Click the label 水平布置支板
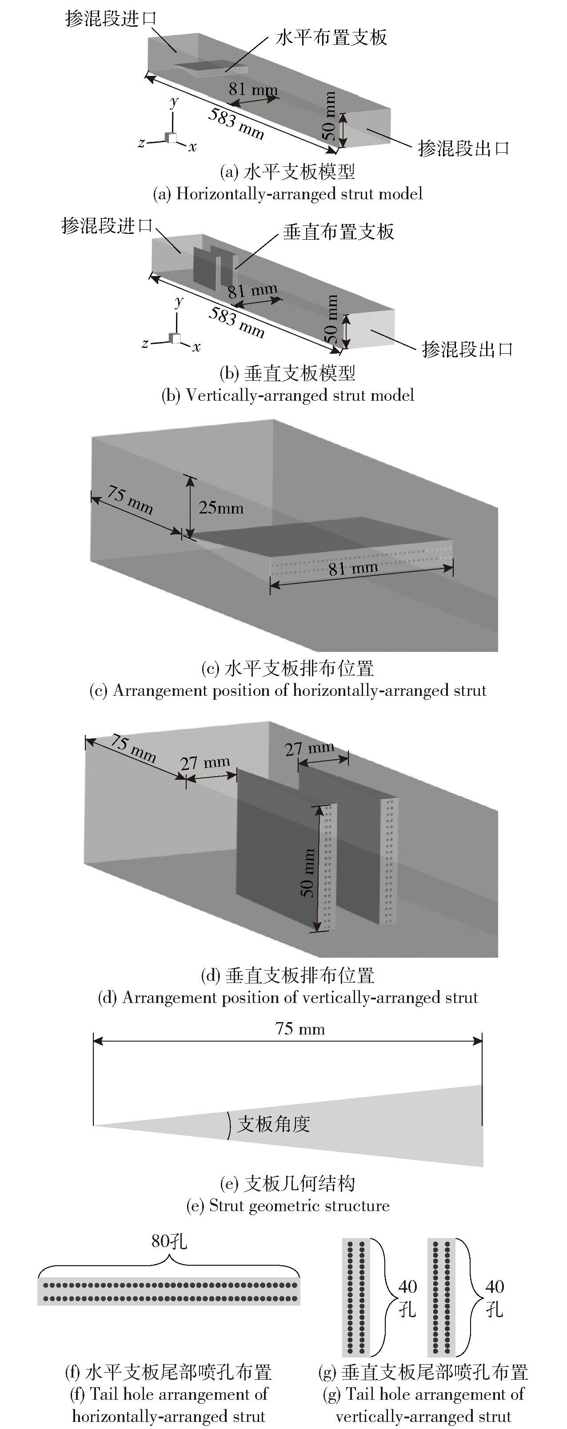click(x=331, y=38)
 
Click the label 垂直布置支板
click(x=338, y=231)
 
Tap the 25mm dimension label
click(x=221, y=508)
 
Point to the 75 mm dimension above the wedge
click(x=300, y=1029)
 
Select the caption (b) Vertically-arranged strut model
click(x=287, y=395)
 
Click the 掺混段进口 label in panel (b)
click(x=107, y=226)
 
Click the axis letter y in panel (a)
click(x=174, y=101)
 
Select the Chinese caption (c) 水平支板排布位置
click(x=287, y=668)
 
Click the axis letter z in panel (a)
click(x=142, y=142)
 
